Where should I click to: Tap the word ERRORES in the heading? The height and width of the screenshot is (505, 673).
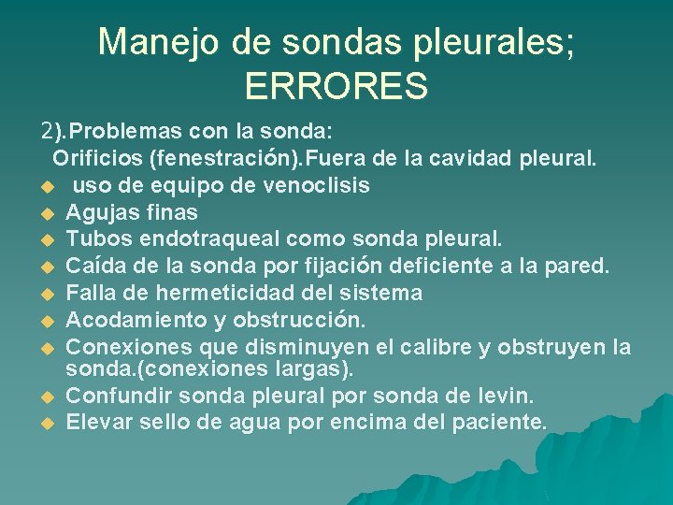336,86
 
